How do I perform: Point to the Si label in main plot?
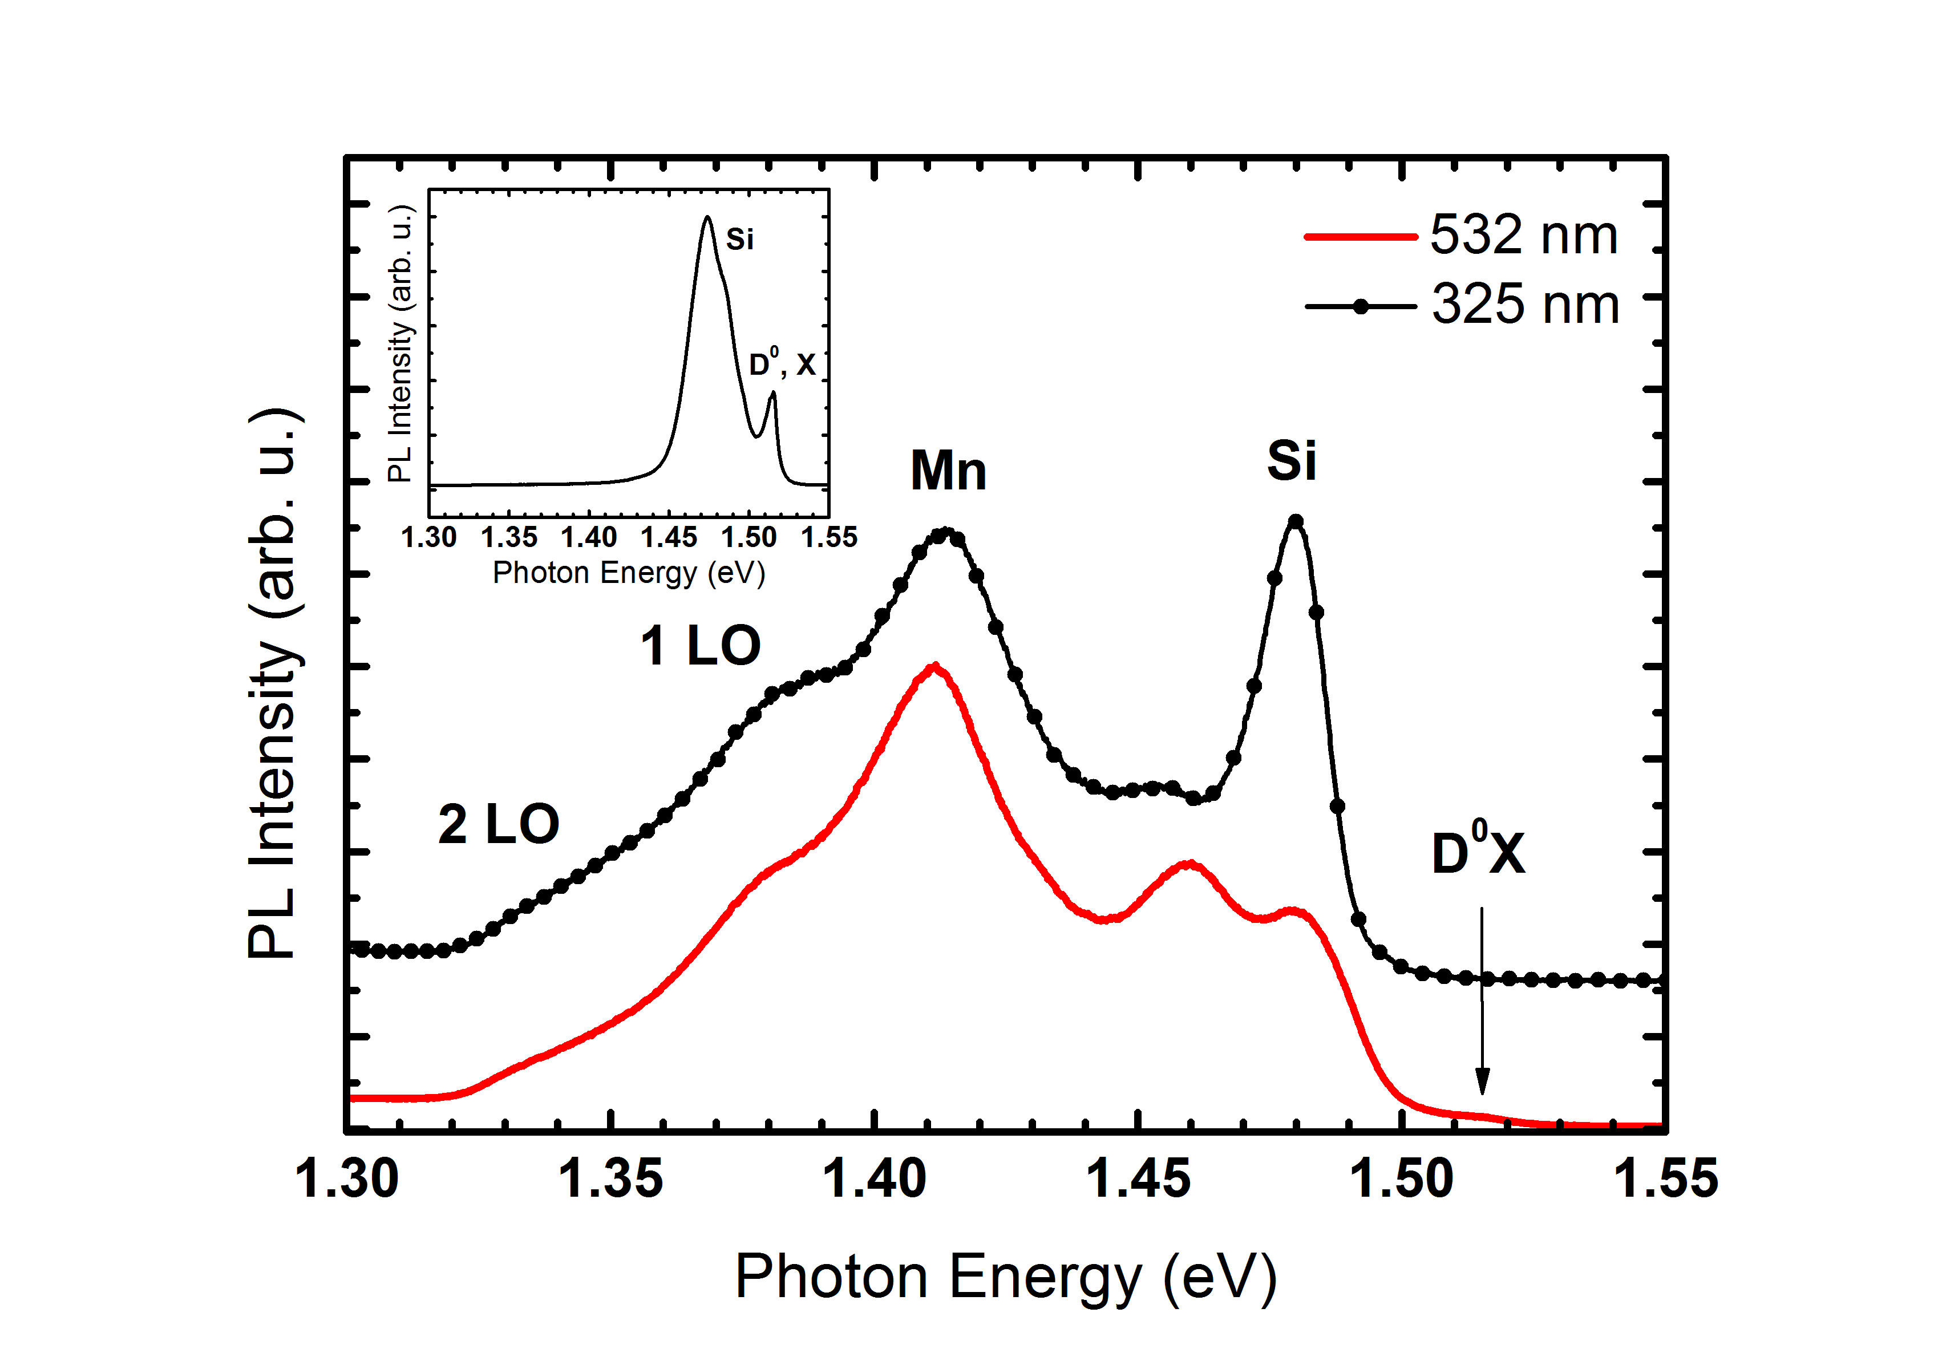(x=1291, y=461)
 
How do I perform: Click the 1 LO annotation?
(x=700, y=646)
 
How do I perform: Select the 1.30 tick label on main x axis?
(x=346, y=1178)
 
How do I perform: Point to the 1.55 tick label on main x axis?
(x=1665, y=1178)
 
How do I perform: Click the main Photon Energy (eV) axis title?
(x=1006, y=1277)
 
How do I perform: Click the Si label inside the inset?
(x=739, y=239)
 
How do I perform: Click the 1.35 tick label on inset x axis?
(x=509, y=537)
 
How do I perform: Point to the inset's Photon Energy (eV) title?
(x=628, y=573)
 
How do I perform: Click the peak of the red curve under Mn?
(x=933, y=667)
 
